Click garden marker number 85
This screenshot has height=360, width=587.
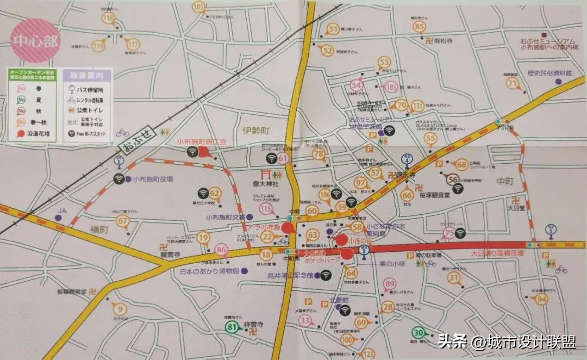click(x=419, y=27)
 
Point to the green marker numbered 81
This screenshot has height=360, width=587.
click(x=233, y=327)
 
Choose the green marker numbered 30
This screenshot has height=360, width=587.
click(x=419, y=333)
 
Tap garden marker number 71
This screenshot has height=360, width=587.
click(x=513, y=83)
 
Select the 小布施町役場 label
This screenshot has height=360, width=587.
click(x=152, y=178)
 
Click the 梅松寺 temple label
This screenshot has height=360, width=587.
click(x=443, y=41)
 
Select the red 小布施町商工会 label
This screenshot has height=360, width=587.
click(x=201, y=141)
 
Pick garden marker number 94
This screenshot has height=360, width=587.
click(x=541, y=299)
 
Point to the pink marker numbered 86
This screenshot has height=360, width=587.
click(x=221, y=250)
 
